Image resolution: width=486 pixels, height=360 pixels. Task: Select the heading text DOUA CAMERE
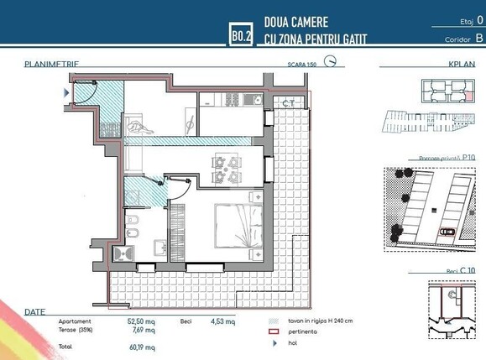click(x=295, y=22)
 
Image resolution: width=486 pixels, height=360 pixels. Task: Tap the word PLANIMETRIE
click(x=52, y=63)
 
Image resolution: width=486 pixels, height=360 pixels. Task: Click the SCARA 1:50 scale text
click(x=301, y=63)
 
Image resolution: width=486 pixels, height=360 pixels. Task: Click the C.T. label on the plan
click(x=288, y=103)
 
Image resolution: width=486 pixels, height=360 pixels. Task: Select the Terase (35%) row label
click(x=76, y=330)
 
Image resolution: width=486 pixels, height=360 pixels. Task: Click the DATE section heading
click(x=35, y=311)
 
